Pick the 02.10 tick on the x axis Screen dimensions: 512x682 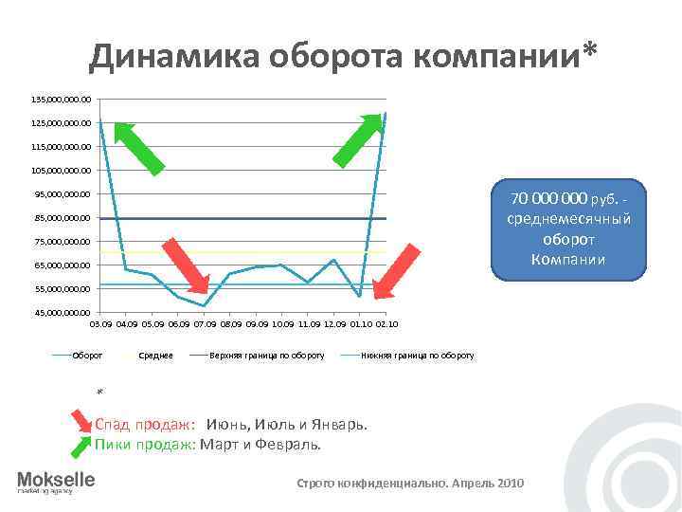[386, 324]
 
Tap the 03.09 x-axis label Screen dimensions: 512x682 [99, 324]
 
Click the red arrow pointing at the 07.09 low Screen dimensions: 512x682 [186, 265]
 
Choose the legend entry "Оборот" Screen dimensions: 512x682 [86, 356]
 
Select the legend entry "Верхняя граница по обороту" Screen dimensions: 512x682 [267, 356]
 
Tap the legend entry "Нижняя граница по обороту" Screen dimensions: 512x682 [418, 356]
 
